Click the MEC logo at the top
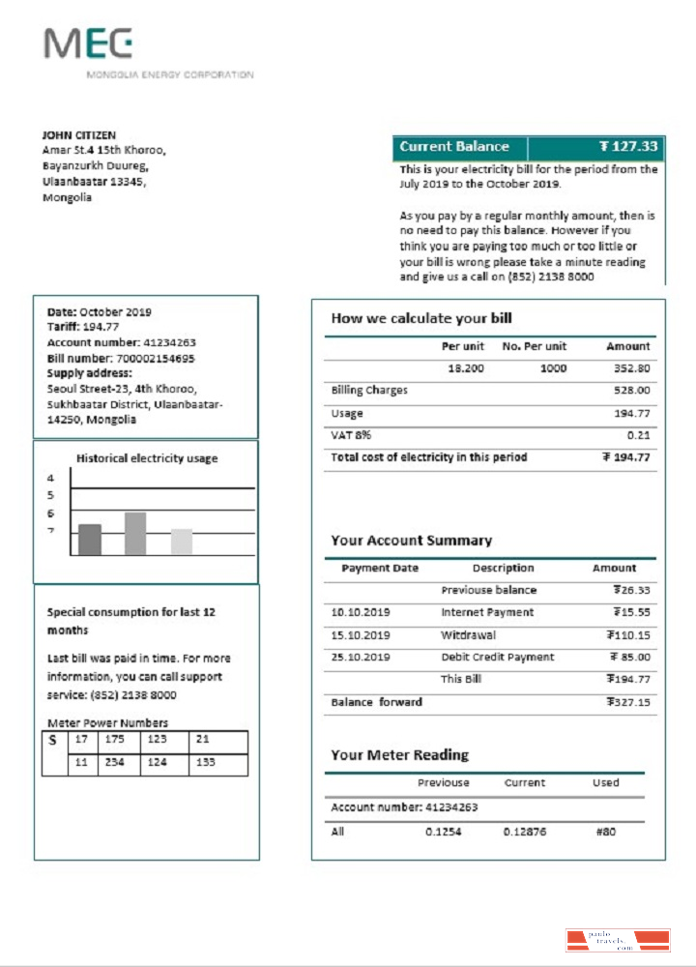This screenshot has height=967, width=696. (88, 44)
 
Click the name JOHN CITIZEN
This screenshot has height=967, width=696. (79, 135)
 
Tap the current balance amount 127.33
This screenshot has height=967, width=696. (627, 147)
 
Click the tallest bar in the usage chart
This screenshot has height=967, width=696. (135, 534)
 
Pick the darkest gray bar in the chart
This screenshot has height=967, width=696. (90, 540)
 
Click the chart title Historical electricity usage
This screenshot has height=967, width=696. (147, 458)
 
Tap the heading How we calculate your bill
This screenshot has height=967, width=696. (421, 318)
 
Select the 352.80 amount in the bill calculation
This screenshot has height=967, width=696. (631, 368)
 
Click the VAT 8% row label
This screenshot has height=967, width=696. (351, 435)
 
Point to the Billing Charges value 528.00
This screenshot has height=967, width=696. (631, 391)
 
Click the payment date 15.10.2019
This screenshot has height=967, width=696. (361, 635)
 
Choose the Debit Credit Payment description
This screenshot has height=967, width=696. (498, 658)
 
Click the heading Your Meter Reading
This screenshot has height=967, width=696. (399, 755)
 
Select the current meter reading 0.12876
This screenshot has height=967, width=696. (524, 832)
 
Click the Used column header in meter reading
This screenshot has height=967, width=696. (606, 783)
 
